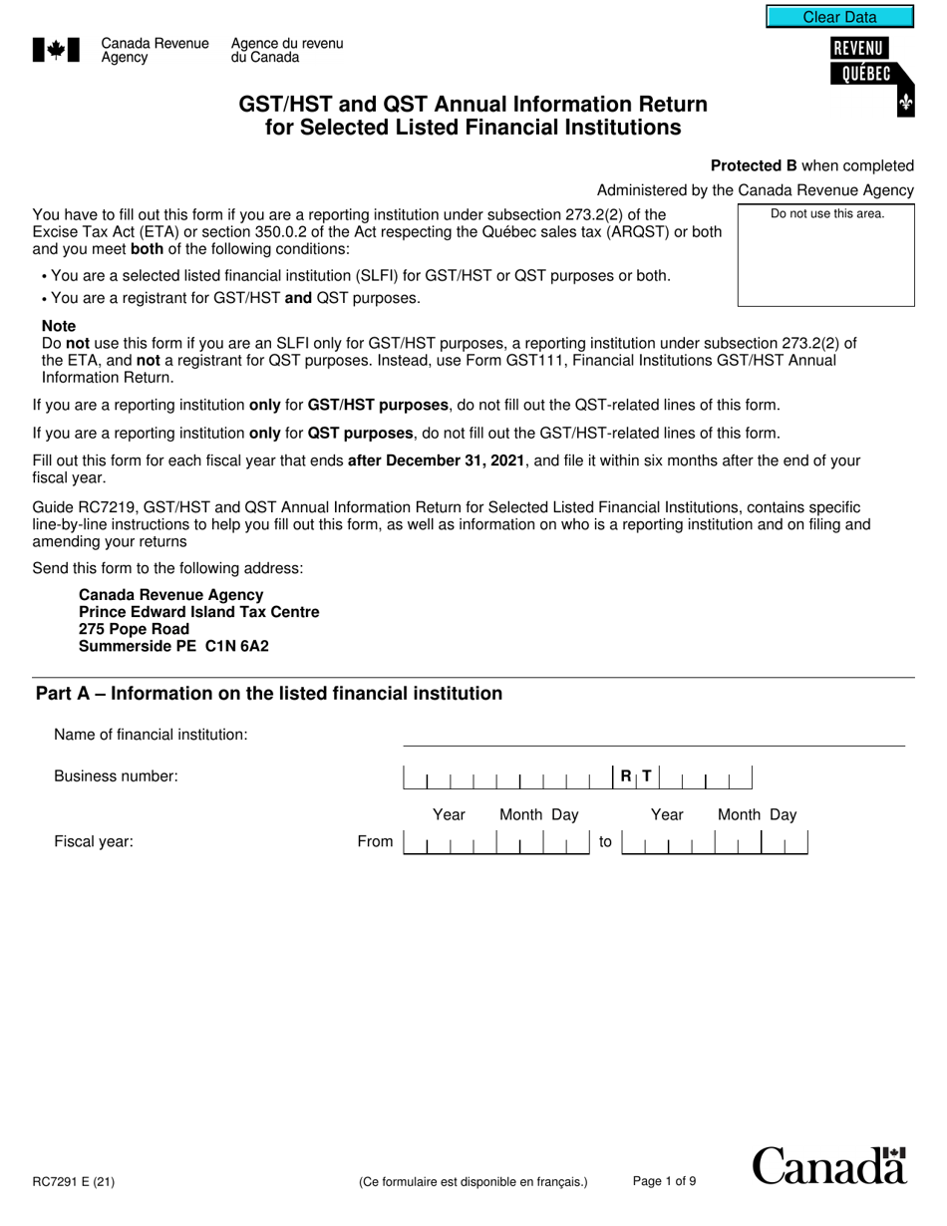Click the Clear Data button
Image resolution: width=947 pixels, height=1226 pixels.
[839, 17]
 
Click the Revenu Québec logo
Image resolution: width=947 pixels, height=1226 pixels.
[870, 75]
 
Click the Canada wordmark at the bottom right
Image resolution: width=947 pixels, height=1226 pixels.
[829, 1166]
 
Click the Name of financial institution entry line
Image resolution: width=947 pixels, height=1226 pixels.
[653, 736]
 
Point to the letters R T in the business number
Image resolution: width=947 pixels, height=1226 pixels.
[636, 776]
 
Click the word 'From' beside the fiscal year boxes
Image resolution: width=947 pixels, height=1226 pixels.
[375, 842]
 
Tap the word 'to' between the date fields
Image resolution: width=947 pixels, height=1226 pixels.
[605, 842]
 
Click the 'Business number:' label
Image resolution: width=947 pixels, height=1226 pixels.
[116, 776]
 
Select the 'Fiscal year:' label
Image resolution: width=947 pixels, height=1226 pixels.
[94, 842]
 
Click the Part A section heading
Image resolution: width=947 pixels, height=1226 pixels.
[269, 694]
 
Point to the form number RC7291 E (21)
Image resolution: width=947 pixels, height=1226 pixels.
[74, 1183]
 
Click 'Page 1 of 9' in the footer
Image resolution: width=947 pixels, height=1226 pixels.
[664, 1182]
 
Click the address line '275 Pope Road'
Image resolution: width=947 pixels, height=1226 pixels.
[134, 629]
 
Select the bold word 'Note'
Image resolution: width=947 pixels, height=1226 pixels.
[59, 326]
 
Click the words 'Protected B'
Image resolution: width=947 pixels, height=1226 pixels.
[753, 165]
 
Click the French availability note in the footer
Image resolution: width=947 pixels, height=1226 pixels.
[473, 1183]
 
